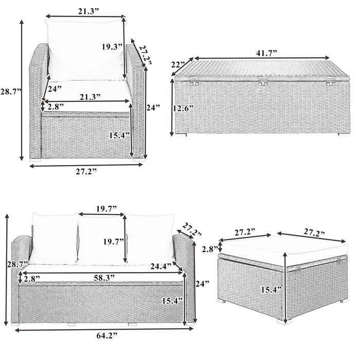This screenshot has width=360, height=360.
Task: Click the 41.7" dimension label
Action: pyautogui.click(x=266, y=53)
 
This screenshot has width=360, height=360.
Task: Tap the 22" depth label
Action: pyautogui.click(x=178, y=65)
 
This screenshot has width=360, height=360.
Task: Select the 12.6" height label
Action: pyautogui.click(x=184, y=109)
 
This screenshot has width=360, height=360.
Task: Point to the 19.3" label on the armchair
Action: pyautogui.click(x=112, y=47)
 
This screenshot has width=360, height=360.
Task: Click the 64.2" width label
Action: pyautogui.click(x=107, y=336)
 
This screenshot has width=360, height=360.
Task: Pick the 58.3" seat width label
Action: pyautogui.click(x=104, y=278)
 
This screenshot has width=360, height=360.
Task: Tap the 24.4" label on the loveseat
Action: pyautogui.click(x=161, y=266)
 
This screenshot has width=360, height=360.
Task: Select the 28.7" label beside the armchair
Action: pyautogui.click(x=11, y=92)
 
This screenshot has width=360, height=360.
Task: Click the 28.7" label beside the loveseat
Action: pyautogui.click(x=17, y=264)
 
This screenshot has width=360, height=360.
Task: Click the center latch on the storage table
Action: pyautogui.click(x=263, y=81)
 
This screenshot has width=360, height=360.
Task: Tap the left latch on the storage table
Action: pyautogui.click(x=194, y=81)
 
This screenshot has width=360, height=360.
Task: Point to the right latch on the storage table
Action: pyautogui.click(x=330, y=81)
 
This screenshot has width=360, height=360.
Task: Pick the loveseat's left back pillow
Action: pyautogui.click(x=55, y=238)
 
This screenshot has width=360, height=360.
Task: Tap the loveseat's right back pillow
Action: pyautogui.click(x=150, y=239)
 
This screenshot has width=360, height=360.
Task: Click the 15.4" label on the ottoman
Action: pyautogui.click(x=272, y=290)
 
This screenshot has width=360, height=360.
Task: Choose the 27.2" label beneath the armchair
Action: pyautogui.click(x=86, y=171)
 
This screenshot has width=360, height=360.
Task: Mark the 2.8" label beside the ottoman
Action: pyautogui.click(x=210, y=249)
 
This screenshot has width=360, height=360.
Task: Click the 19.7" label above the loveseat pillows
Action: pyautogui.click(x=106, y=209)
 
